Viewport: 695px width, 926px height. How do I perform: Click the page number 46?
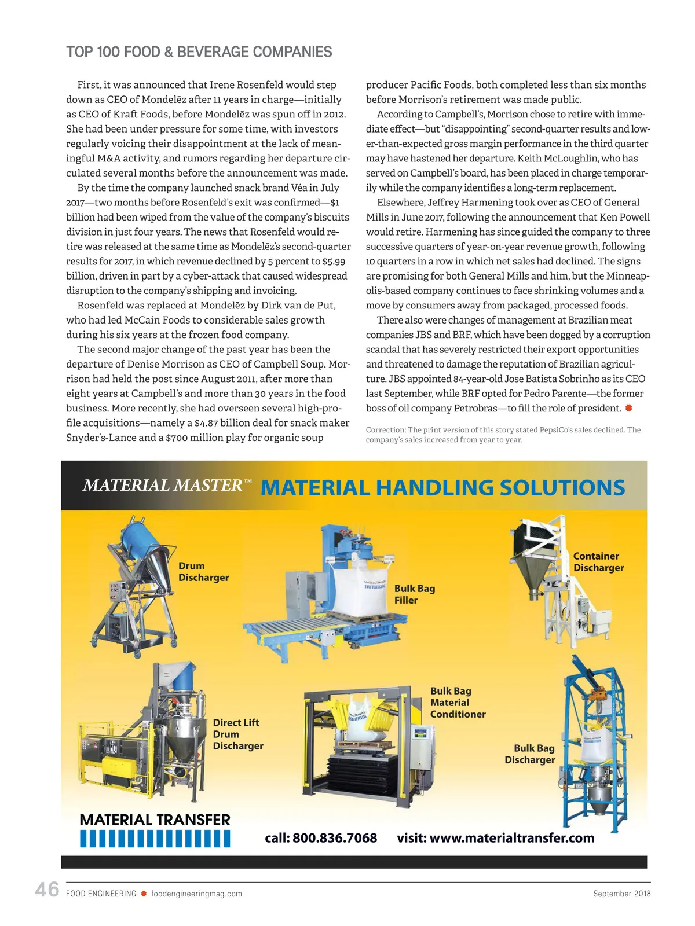point(47,889)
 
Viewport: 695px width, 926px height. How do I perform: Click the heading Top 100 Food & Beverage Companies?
point(199,52)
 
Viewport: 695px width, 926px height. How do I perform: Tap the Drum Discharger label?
point(203,572)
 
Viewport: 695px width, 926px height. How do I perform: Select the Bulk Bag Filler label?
point(414,594)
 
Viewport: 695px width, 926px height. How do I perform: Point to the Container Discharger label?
point(598,562)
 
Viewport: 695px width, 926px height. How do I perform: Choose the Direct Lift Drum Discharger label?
point(237,734)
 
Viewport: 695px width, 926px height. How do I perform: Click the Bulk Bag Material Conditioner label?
point(458,703)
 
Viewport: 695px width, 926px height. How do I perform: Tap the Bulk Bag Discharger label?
point(530,754)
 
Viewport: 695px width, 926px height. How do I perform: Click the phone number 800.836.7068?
point(334,838)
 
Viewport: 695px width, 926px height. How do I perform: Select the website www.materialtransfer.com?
point(512,838)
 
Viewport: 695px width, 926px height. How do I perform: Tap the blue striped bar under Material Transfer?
point(155,839)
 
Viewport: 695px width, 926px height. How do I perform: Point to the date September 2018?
point(621,894)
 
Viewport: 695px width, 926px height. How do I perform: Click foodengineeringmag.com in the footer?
point(196,894)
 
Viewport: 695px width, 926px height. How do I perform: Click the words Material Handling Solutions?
point(442,487)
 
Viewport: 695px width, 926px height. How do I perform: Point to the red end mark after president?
point(628,408)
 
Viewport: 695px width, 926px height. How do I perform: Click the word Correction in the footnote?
point(386,430)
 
